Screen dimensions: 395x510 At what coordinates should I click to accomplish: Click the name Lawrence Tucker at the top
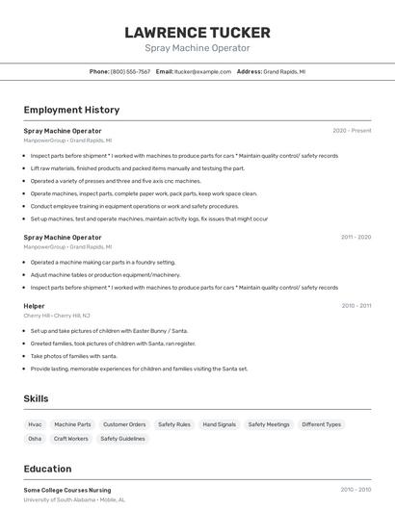pos(197,33)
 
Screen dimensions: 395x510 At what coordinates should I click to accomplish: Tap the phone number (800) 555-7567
pos(130,71)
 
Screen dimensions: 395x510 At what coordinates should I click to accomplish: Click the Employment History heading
pos(71,110)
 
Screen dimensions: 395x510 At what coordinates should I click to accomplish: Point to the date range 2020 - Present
pos(352,131)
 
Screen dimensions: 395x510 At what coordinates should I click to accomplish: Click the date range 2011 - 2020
pos(355,237)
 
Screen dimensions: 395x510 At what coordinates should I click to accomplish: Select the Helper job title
pos(34,306)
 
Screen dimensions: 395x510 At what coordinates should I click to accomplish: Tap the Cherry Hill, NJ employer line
pos(57,316)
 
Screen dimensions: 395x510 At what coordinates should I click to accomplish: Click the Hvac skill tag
pos(35,424)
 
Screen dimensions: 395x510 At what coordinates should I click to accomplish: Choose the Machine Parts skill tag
pos(72,424)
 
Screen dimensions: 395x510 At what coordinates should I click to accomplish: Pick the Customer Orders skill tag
pos(124,424)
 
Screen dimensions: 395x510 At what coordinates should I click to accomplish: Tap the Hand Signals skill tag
pos(219,424)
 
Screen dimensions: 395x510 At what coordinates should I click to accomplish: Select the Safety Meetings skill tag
pos(269,424)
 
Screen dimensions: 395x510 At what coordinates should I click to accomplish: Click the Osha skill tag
pos(35,439)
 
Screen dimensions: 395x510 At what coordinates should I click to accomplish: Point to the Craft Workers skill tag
pos(71,439)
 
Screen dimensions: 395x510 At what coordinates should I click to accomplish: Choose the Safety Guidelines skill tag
pos(122,439)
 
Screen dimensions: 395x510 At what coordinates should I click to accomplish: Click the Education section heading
pos(47,469)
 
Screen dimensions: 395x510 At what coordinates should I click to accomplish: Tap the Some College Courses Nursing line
pos(67,490)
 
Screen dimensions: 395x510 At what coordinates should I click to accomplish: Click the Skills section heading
pos(36,398)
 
